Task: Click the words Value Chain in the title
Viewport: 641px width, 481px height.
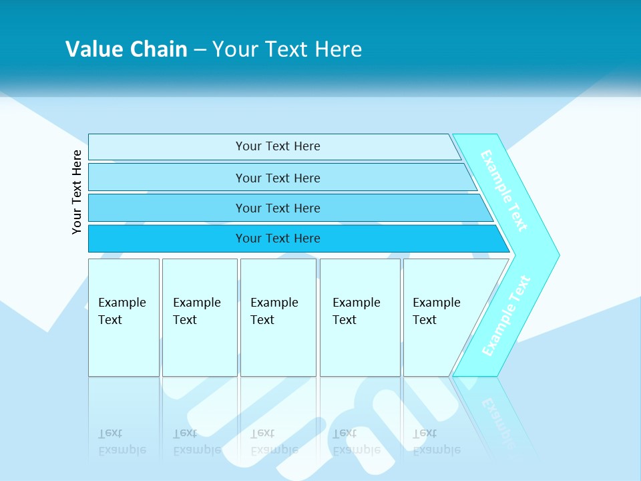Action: (x=126, y=49)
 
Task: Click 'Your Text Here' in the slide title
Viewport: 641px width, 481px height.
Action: (x=287, y=49)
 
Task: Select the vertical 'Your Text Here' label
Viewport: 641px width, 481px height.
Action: (x=77, y=192)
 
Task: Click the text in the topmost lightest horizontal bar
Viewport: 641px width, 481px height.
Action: (x=278, y=146)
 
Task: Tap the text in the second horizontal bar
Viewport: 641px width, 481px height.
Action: (x=278, y=178)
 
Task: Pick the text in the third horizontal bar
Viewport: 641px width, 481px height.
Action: (x=278, y=208)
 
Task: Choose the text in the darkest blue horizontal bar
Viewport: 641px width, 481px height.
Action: (x=278, y=238)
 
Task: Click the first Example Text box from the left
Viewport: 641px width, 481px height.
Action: (x=123, y=311)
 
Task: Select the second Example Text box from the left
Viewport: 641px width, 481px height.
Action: (x=198, y=311)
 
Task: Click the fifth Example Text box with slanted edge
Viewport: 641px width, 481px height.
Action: (x=437, y=311)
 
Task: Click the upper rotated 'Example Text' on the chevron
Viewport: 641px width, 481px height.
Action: (x=504, y=190)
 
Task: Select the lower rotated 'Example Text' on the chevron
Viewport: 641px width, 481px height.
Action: (x=506, y=315)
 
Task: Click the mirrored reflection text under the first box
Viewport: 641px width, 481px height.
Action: (x=122, y=442)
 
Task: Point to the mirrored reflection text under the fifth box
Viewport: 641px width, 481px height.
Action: (x=437, y=442)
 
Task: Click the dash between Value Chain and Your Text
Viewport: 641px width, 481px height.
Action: (x=200, y=49)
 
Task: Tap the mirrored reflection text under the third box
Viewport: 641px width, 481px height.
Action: (x=274, y=442)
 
